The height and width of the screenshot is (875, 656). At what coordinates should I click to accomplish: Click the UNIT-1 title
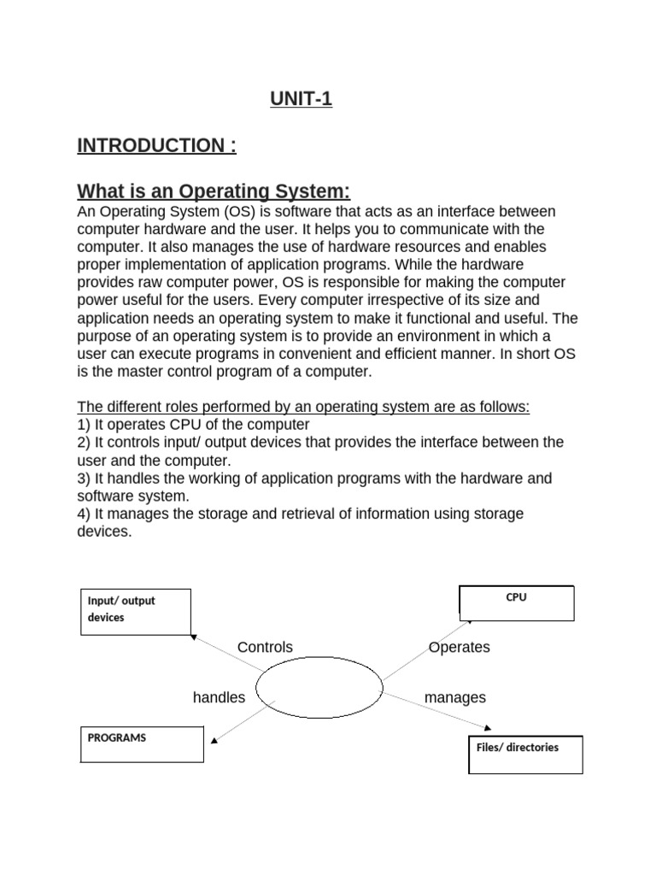(301, 100)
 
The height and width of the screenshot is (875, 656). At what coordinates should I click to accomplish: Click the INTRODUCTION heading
(156, 146)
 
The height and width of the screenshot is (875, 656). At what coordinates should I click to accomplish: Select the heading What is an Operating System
(214, 190)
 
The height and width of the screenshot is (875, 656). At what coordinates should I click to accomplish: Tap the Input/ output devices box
(136, 612)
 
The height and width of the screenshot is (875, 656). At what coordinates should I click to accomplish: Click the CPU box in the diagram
(516, 602)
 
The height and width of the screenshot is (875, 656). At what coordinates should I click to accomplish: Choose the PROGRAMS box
(142, 743)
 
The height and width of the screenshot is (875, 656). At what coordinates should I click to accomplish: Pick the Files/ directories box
(525, 754)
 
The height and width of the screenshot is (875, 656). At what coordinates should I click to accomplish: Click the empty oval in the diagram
(319, 689)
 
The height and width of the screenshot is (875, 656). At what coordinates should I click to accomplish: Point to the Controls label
(265, 648)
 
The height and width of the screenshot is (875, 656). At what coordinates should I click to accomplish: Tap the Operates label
(460, 648)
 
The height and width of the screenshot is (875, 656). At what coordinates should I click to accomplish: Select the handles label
(219, 698)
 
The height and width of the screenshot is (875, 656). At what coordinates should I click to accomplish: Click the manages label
(455, 698)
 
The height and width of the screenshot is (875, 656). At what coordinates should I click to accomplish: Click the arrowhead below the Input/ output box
(195, 637)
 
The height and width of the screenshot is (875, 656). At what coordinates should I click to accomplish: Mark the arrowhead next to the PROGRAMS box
(214, 740)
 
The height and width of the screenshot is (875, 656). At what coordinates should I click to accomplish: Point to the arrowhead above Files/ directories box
(488, 728)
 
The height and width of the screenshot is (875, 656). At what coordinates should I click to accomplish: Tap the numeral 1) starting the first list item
(84, 425)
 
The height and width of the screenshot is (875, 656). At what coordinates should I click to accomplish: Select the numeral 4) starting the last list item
(84, 514)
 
